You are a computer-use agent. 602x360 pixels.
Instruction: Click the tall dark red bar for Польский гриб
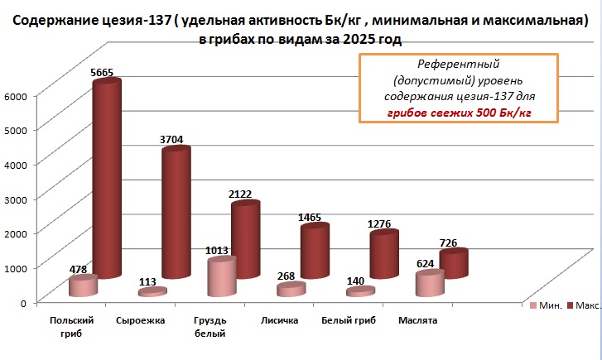pos(106,178)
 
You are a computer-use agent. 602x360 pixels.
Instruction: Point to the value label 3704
pos(174,140)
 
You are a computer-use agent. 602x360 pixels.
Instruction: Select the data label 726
pos(448,242)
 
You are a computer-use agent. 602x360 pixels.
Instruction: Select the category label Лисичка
pos(279,319)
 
